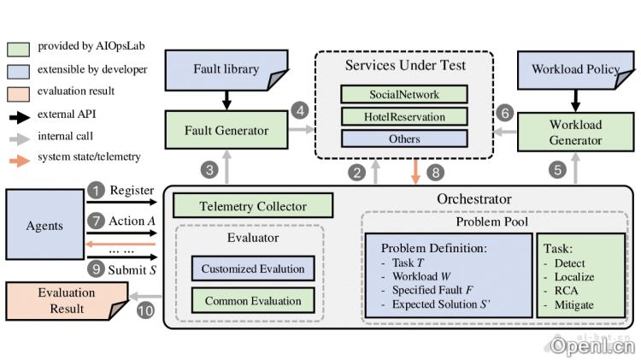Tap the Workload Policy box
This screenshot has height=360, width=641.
[574, 68]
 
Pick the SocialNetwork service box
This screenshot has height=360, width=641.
[404, 93]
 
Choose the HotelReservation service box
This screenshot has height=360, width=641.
[404, 115]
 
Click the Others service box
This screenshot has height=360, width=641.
[404, 138]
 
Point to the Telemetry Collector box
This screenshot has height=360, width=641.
[253, 206]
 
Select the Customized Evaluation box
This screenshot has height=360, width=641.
[253, 269]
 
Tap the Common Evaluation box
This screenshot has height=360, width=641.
[253, 301]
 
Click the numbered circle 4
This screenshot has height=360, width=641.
[299, 110]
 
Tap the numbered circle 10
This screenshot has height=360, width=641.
[144, 311]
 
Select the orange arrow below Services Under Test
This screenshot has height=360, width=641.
[416, 171]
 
